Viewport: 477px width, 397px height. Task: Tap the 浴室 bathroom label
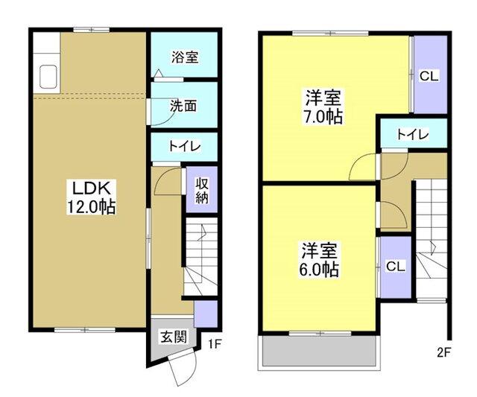(x=184, y=57)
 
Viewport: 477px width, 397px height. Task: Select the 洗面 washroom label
(x=184, y=106)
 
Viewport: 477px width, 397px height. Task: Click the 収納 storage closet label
(x=201, y=189)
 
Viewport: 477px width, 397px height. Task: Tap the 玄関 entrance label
(x=172, y=335)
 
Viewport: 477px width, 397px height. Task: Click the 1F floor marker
(x=215, y=343)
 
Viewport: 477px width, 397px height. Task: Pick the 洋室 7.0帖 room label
(x=322, y=107)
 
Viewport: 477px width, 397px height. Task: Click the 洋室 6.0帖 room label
(x=320, y=258)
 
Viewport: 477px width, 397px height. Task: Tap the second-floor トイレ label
(x=412, y=135)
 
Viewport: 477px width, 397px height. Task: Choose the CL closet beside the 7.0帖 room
(x=428, y=75)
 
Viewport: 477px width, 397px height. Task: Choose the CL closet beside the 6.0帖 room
(x=395, y=266)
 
